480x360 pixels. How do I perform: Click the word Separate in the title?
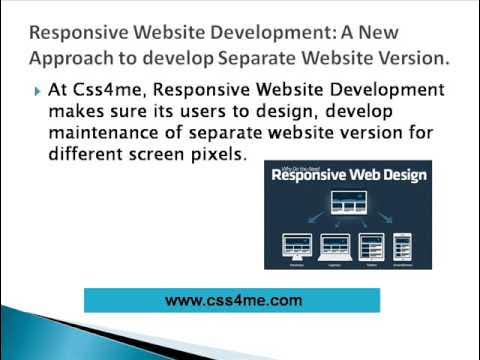[257, 58]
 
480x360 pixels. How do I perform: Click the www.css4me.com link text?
[232, 299]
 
